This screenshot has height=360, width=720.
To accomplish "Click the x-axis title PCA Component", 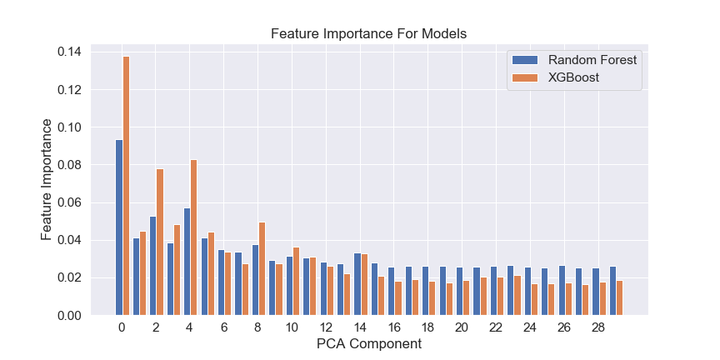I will coord(368,343).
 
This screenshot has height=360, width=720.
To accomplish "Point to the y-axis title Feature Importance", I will coord(47,179).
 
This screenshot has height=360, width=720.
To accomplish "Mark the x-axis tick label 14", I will coord(360,327).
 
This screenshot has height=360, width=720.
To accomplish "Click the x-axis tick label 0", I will coord(122,327).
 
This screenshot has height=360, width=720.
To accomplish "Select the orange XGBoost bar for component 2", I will coord(160,242).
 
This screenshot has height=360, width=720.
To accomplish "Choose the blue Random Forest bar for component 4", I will coord(187,262).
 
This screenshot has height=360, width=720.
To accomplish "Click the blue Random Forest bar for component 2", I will coord(152,266).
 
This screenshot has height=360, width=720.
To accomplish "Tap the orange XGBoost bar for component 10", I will coord(296,281).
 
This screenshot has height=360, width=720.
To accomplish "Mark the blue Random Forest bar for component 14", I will coord(357,284).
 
